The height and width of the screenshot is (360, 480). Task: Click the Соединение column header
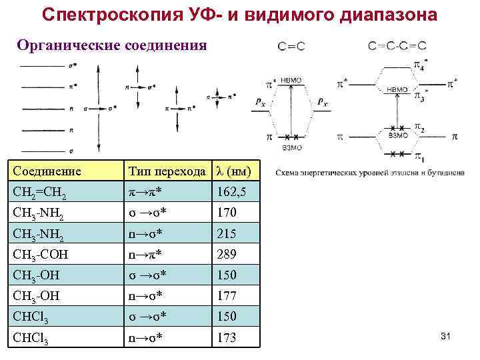point(47,171)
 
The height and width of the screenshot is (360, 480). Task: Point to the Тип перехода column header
point(167,171)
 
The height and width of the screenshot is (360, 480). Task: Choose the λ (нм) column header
point(231,171)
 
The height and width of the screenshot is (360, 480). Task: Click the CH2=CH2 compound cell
point(40,193)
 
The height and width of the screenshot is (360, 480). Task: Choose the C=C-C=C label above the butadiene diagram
point(397,46)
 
